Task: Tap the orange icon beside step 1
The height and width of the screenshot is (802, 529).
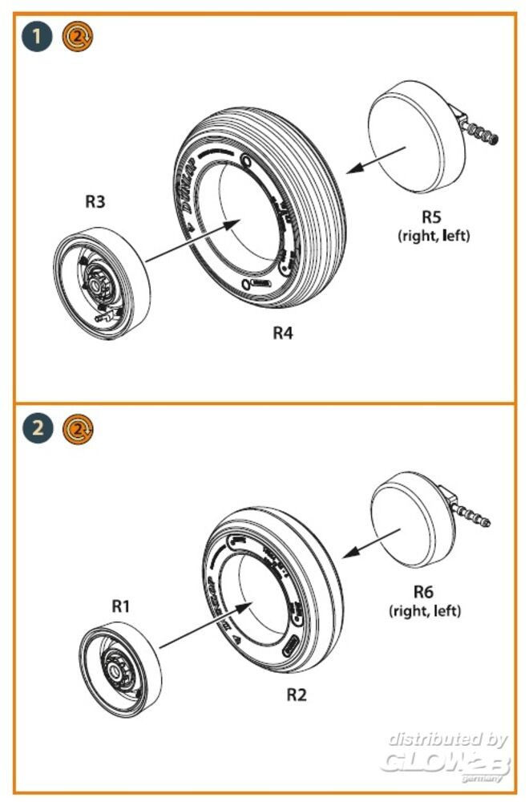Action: coord(77,36)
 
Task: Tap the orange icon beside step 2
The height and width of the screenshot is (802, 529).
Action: coord(77,427)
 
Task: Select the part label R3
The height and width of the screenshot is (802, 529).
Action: coord(95,202)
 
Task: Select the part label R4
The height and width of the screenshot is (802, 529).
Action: coord(281,334)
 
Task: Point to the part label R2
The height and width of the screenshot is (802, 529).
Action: coord(297,695)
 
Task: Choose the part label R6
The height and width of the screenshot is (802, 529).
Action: coord(424,593)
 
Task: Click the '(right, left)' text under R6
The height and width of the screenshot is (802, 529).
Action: coord(424,611)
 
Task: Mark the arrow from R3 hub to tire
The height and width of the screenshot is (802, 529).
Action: coord(189,241)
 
